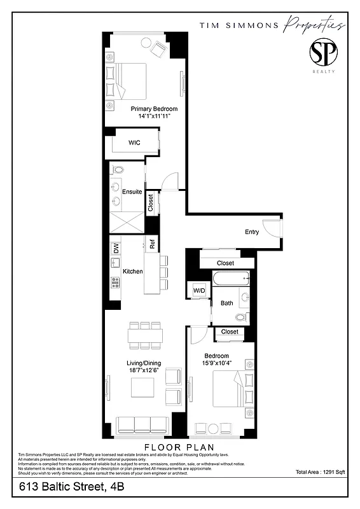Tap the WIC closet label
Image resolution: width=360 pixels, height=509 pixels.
tap(134, 143)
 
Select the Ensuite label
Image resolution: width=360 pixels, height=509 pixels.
tap(132, 192)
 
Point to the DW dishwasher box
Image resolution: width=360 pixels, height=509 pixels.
tap(116, 249)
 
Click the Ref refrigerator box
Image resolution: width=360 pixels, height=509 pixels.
tap(152, 243)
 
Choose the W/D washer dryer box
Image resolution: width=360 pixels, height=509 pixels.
tap(200, 291)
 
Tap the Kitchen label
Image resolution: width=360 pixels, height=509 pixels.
tap(132, 272)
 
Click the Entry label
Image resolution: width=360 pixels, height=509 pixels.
tap(252, 232)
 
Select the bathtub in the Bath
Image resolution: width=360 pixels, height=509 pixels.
tap(230, 279)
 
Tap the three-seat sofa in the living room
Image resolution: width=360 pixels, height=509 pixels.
tap(144, 425)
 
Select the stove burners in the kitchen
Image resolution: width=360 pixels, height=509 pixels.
tap(116, 282)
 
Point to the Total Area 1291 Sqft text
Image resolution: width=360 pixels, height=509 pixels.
tap(320, 473)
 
